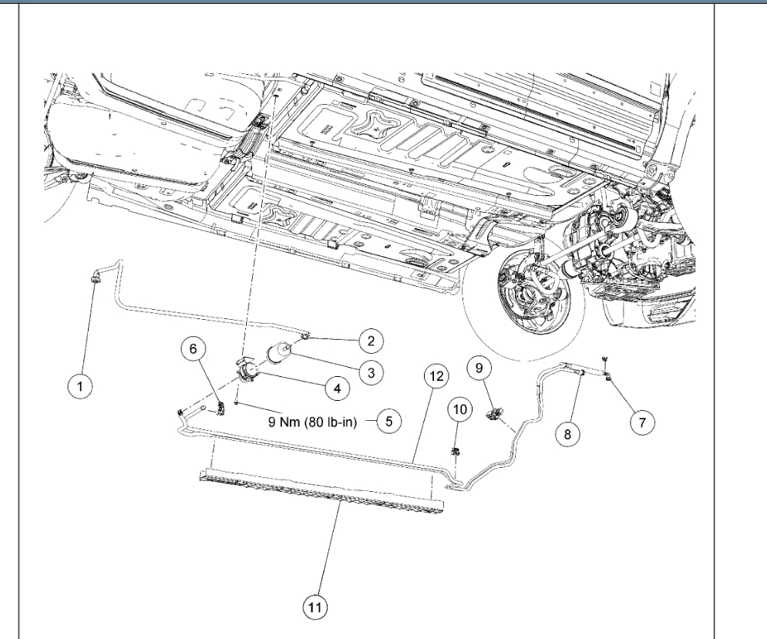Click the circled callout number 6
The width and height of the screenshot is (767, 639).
[193, 349]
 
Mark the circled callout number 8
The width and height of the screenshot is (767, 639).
[567, 435]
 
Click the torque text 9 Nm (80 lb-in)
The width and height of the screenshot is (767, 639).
[311, 422]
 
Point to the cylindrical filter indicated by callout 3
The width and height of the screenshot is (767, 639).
[279, 357]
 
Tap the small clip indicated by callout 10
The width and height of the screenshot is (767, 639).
[455, 452]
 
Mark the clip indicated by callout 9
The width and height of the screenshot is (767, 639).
[491, 415]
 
